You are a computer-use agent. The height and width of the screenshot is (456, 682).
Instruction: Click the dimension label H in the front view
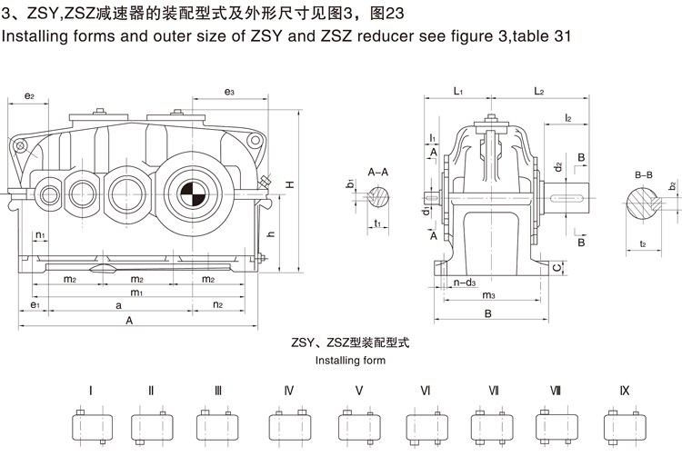click(289, 185)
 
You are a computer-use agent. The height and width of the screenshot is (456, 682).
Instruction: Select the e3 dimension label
click(228, 93)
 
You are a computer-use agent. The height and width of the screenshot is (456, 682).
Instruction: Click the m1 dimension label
click(135, 292)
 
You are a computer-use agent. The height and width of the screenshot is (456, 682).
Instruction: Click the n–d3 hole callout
click(465, 283)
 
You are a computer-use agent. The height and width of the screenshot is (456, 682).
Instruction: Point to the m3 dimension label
click(487, 295)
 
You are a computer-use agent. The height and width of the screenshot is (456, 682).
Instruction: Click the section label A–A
click(378, 171)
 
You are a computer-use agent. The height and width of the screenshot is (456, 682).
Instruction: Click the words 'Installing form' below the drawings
click(350, 361)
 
